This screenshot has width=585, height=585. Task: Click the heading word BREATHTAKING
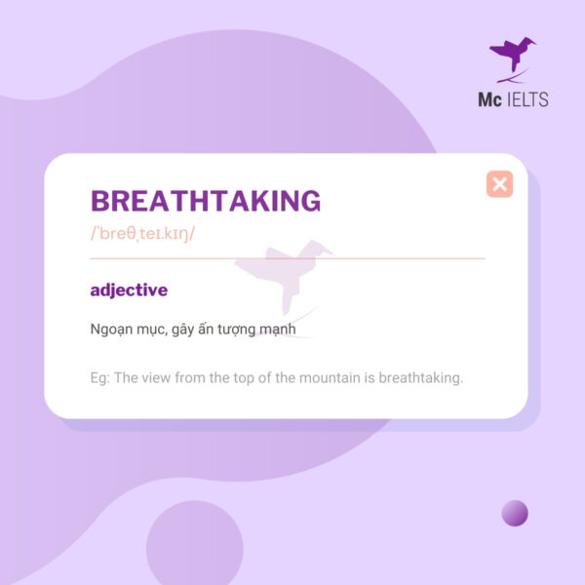[x=205, y=201]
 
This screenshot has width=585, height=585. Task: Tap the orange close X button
[x=499, y=183]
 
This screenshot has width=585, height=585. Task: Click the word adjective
[x=129, y=290]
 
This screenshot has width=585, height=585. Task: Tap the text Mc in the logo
[x=488, y=99]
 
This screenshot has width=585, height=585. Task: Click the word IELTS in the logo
[x=527, y=99]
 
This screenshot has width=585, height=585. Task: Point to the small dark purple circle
[x=515, y=513]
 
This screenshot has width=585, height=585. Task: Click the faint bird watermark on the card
[x=292, y=278]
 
